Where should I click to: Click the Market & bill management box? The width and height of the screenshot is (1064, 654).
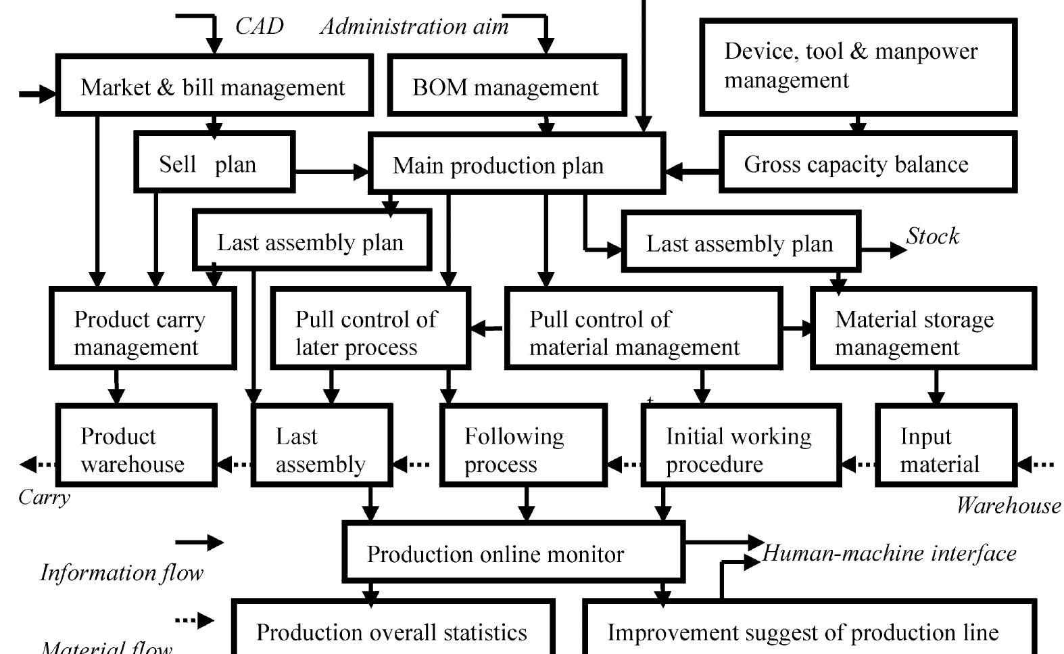pos(214,87)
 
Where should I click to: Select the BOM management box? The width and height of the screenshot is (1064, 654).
pos(506,87)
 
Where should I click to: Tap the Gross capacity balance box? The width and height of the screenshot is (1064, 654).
pos(868,163)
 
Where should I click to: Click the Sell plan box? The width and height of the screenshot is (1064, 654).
pos(214,163)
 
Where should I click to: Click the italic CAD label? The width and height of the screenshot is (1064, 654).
pos(259,26)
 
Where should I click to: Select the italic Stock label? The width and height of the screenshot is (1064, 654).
pos(932,236)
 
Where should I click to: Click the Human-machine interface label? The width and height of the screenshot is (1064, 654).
pos(889,553)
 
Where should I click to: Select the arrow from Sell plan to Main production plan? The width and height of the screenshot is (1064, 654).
pos(331,172)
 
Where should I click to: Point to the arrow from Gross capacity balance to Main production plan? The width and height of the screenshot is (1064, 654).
pos(692,172)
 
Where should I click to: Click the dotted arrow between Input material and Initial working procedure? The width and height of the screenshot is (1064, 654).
pos(859,465)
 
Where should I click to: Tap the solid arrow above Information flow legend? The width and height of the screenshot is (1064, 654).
pos(199,542)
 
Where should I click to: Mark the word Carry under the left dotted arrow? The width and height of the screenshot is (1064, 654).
pos(44,497)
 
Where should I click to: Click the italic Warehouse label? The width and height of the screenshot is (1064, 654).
pos(1008,505)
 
